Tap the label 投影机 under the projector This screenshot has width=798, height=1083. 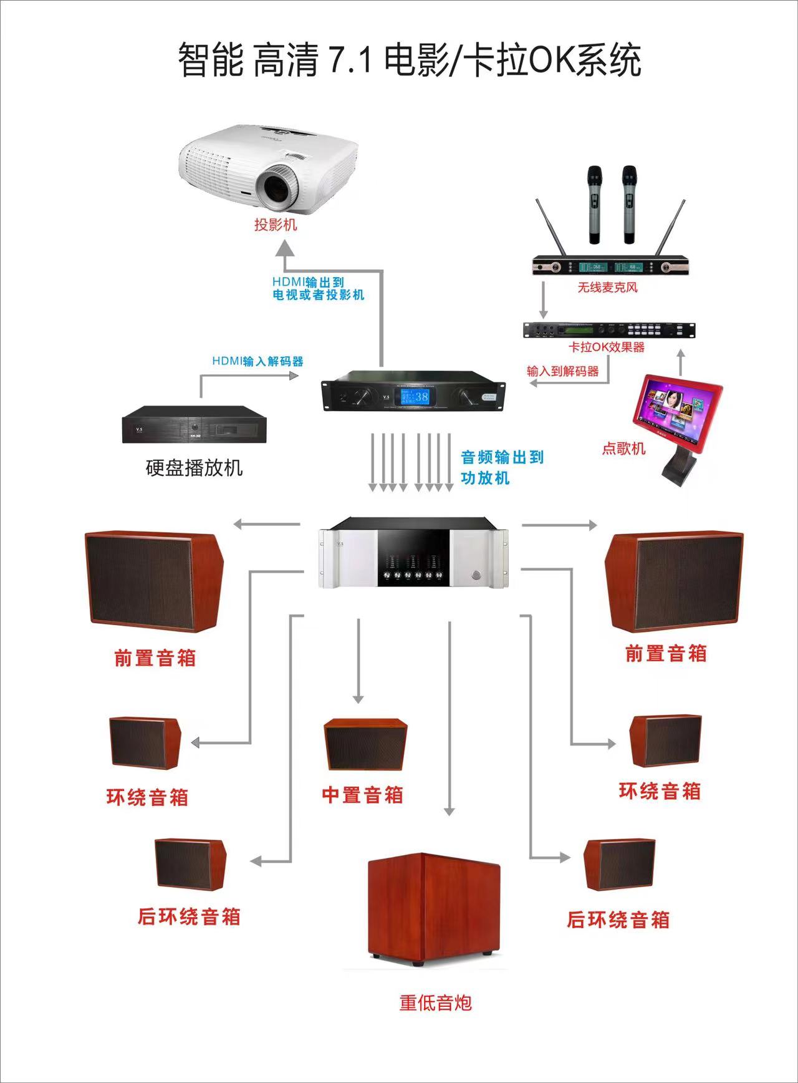(276, 225)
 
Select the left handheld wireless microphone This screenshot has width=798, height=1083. (594, 204)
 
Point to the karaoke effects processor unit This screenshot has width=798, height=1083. (608, 331)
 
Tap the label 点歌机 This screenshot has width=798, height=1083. (623, 448)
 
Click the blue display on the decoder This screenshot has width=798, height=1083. (415, 396)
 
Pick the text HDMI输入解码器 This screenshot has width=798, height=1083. (257, 361)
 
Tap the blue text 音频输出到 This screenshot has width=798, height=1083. (502, 457)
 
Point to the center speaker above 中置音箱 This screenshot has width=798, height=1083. (365, 745)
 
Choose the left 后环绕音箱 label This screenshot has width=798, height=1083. (189, 916)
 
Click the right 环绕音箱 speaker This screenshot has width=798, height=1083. (665, 741)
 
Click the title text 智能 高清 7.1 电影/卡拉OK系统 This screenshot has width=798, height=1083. (410, 61)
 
